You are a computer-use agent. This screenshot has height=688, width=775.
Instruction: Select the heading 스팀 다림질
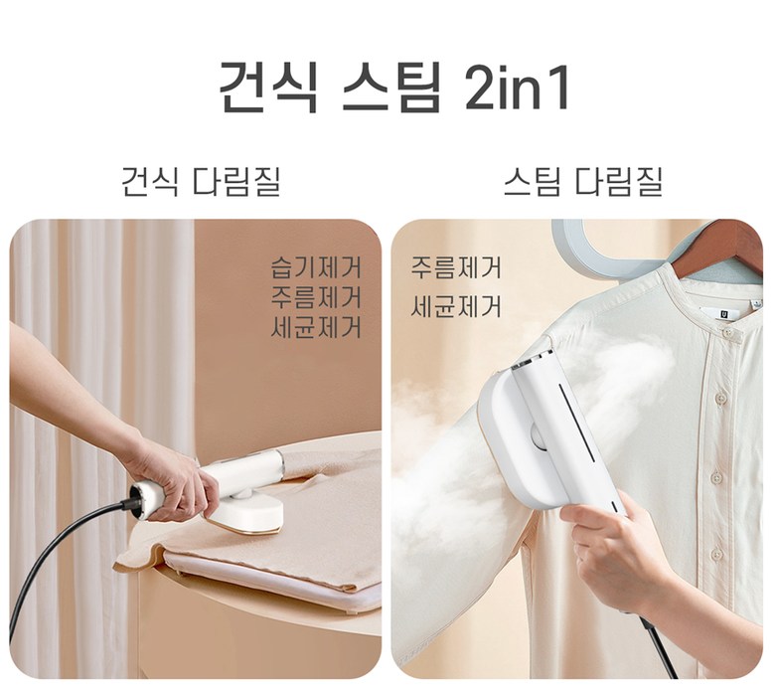[582, 182]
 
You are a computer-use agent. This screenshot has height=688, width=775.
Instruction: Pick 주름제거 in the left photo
[316, 297]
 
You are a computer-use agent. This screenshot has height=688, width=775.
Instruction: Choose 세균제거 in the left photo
[316, 327]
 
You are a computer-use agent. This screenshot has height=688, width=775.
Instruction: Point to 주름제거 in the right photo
[456, 267]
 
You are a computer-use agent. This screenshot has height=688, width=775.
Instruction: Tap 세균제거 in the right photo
[456, 305]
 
